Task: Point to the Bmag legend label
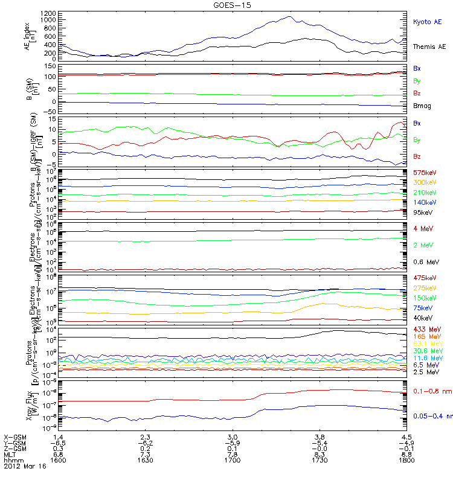[422, 106]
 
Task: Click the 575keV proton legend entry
[423, 173]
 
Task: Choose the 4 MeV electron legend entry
[422, 228]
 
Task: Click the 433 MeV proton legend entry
[425, 330]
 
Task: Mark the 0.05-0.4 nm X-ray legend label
[432, 416]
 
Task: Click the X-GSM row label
[15, 436]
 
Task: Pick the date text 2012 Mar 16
[23, 466]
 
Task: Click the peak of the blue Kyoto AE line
[291, 16]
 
